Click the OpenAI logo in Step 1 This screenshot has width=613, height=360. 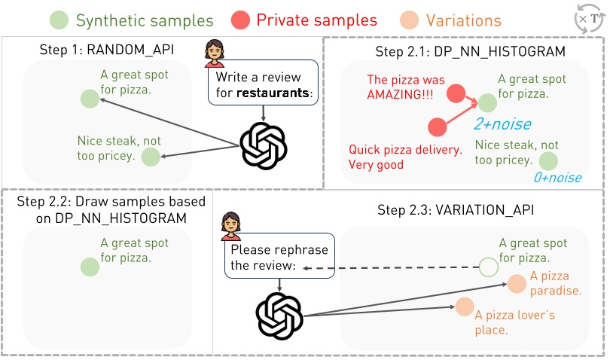[264, 145]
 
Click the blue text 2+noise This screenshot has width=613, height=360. [502, 124]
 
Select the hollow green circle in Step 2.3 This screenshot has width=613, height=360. [488, 267]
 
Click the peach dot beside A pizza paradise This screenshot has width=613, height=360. [516, 284]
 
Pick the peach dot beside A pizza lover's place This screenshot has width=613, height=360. [463, 307]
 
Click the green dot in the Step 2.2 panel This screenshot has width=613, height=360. [90, 267]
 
